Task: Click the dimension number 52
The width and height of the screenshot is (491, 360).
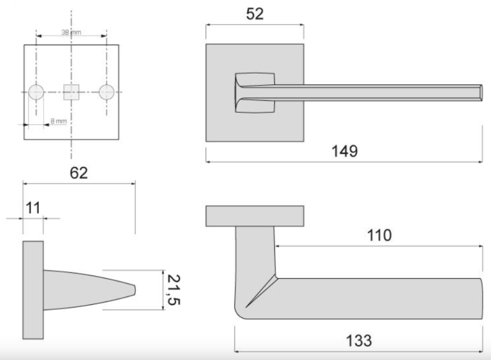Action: (255, 14)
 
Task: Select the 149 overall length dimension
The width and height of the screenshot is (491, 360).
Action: (344, 151)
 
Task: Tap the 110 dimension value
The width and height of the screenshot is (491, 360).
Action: (379, 236)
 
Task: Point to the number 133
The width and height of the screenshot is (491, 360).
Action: (359, 340)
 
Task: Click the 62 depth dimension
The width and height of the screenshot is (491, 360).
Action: (79, 173)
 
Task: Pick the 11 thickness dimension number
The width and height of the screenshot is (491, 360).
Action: (33, 208)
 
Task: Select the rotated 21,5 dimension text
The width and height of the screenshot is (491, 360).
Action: (173, 290)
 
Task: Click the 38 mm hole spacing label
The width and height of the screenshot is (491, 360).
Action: (71, 32)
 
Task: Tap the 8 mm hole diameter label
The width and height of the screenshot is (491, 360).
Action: (59, 121)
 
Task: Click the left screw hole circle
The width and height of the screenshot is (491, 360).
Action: (36, 92)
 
